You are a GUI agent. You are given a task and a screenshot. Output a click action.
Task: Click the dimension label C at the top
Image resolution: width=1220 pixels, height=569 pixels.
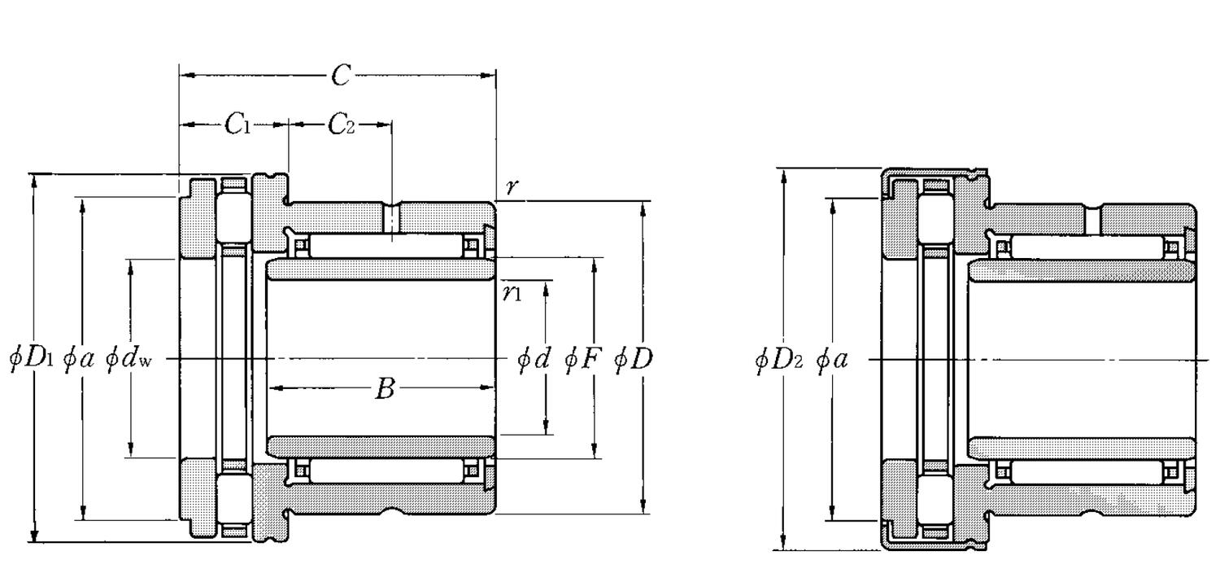coord(341,76)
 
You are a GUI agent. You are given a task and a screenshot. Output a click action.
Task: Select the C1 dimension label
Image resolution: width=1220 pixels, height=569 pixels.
coord(237,125)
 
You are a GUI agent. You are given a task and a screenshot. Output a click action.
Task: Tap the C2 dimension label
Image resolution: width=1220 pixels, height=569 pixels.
coord(342,125)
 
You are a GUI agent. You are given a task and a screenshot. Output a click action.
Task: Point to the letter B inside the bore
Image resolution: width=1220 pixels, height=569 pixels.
coord(384,390)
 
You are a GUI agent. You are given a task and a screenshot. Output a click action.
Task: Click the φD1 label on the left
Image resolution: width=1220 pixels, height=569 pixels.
coord(31,358)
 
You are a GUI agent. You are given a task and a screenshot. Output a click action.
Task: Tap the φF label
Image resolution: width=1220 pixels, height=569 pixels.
coord(582,358)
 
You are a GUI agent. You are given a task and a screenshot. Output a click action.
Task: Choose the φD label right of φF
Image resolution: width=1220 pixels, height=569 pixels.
coord(633,358)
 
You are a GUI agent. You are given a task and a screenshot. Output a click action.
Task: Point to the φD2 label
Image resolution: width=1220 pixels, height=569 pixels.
coord(778,358)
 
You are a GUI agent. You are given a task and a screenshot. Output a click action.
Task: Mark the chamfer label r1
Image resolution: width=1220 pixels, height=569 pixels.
coord(512,293)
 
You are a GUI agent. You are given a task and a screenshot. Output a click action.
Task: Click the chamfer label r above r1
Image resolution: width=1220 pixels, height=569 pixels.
coord(512,187)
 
